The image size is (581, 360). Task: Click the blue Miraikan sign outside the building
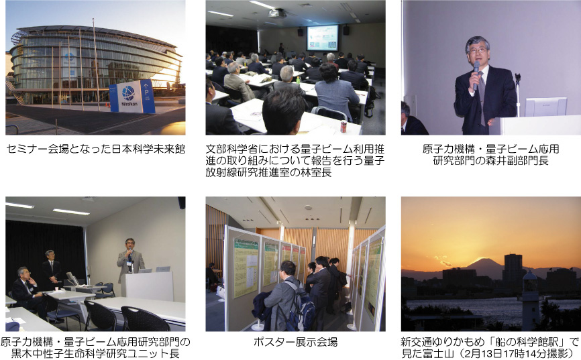point(132,96)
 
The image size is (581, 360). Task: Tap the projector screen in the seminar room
point(322,38)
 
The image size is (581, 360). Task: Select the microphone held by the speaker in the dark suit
point(476,75)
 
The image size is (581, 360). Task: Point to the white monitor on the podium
point(545,107)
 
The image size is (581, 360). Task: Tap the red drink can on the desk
point(343,127)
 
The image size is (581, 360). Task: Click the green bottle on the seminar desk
point(298,80)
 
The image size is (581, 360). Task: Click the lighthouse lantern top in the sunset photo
point(529,277)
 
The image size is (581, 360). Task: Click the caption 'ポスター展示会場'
point(296,342)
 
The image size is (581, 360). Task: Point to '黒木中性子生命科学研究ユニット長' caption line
point(95,353)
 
